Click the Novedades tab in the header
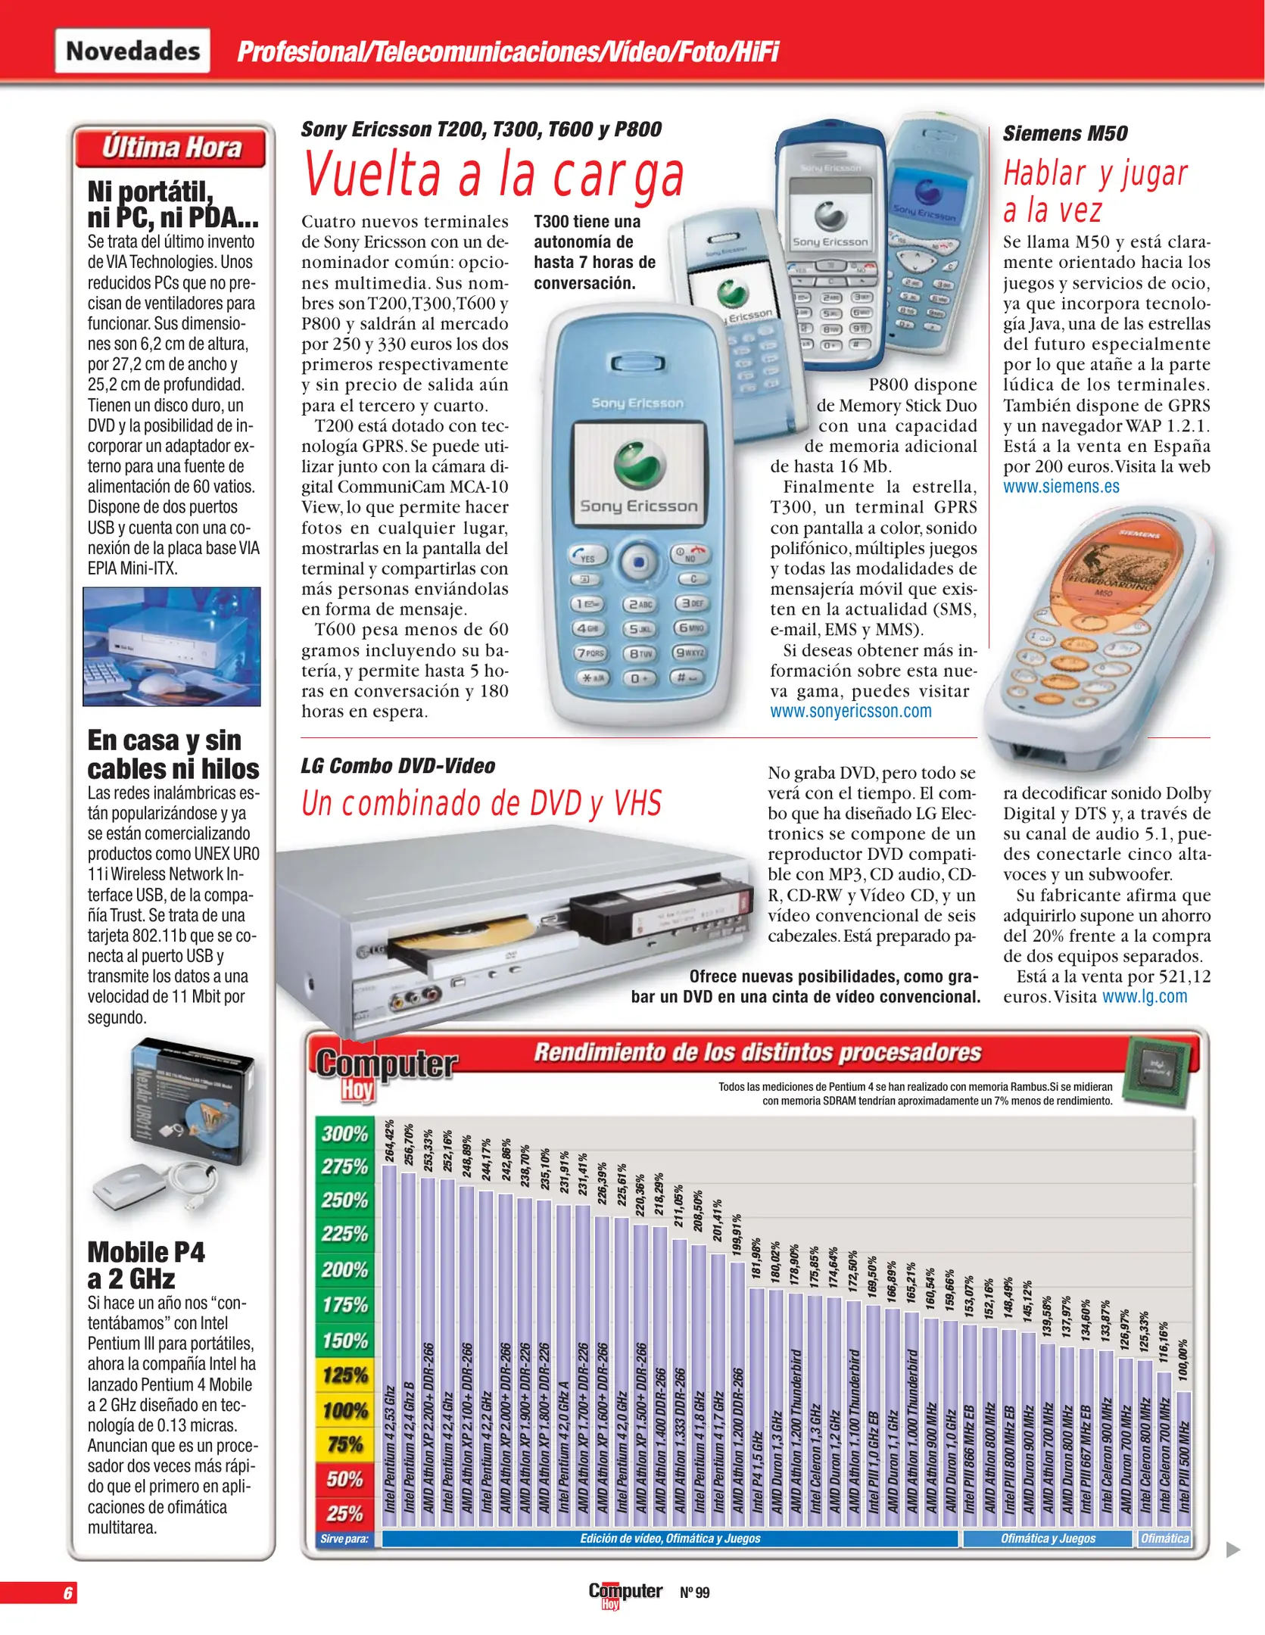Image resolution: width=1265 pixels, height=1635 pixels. coord(132,51)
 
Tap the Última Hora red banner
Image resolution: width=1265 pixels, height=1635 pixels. coord(171,148)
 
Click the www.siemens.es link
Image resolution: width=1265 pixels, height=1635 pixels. coord(1061,487)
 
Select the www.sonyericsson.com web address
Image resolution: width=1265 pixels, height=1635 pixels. coord(850,712)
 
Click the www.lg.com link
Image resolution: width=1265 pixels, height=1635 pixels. coord(1144,997)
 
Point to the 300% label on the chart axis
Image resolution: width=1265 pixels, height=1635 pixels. coord(344,1134)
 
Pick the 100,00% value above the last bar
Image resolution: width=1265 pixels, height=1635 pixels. coord(1183,1360)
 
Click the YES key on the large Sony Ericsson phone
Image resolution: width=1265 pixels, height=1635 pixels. coord(586,557)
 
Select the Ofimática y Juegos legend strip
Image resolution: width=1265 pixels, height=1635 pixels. coord(1047,1538)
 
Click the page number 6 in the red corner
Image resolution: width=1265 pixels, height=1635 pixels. coord(67,1593)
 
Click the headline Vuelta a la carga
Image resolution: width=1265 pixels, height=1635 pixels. coord(494,176)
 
